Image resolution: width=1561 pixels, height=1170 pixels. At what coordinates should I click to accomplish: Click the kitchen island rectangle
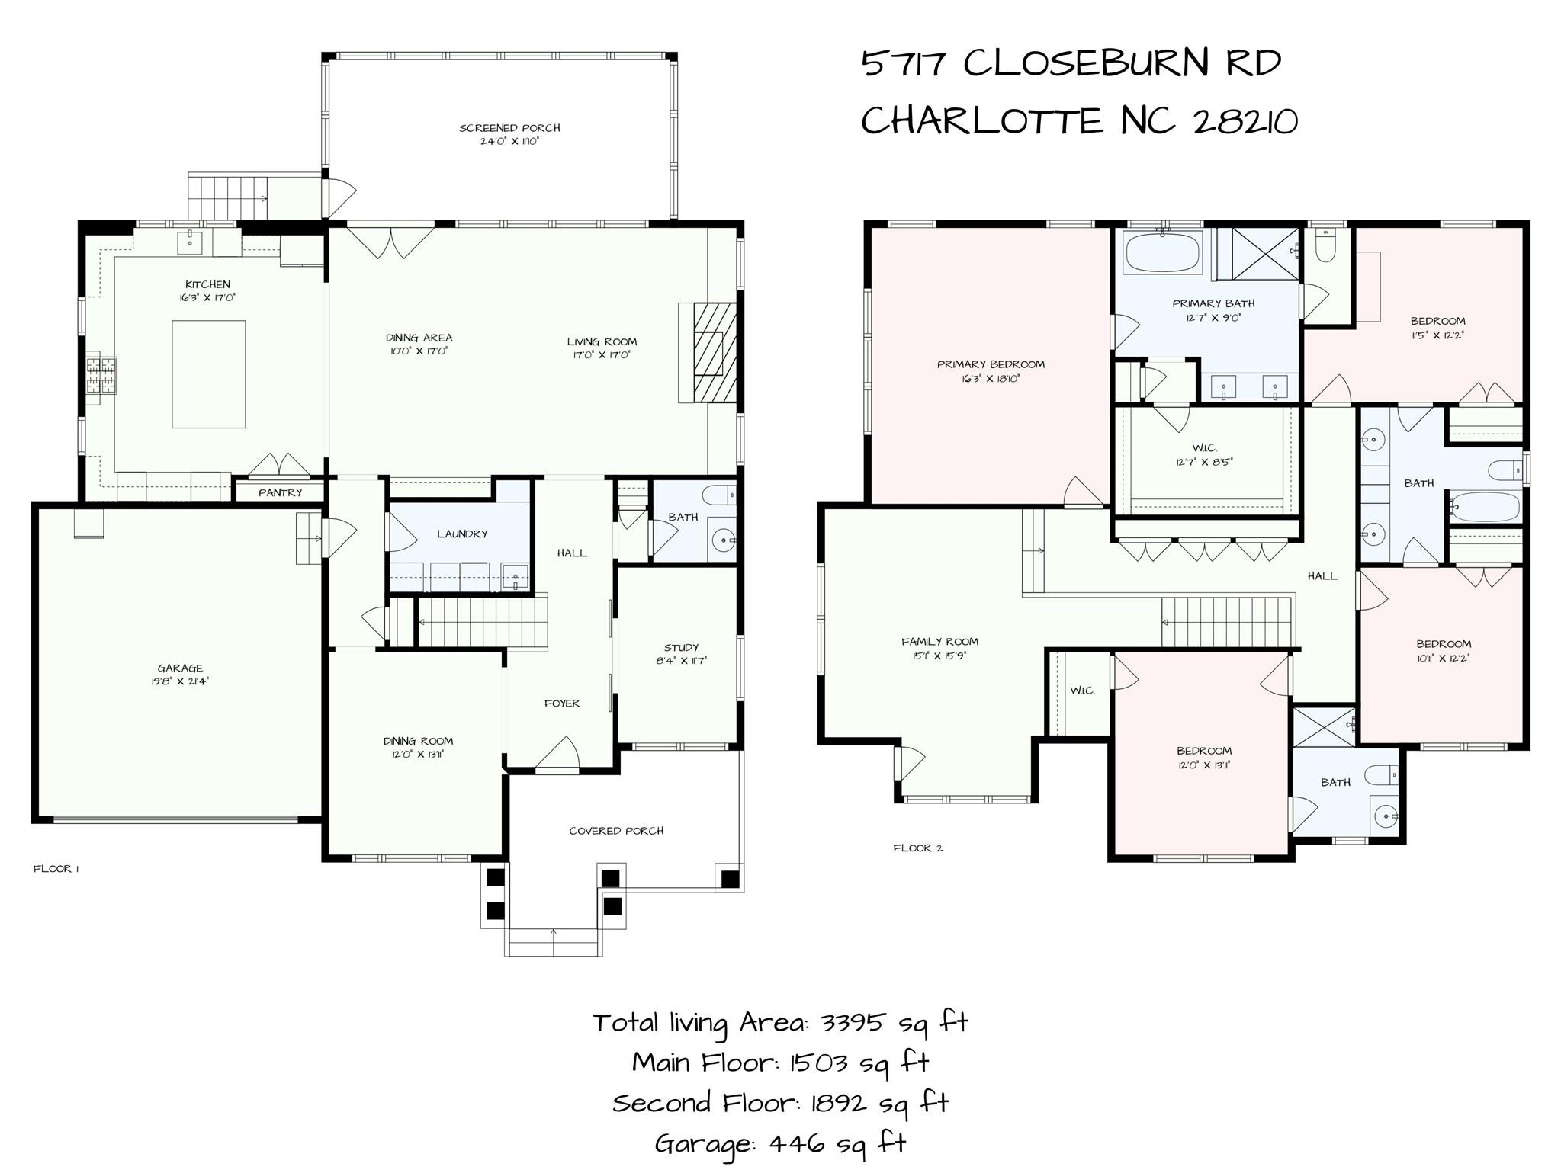[x=208, y=373]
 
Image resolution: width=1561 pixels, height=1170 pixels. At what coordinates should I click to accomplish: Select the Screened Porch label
[x=509, y=128]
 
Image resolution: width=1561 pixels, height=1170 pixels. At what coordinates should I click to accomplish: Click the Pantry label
[x=280, y=492]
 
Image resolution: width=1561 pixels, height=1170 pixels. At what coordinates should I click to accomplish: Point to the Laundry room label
[x=461, y=534]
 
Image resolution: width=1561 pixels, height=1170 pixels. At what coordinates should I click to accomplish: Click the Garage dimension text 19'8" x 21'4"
[x=180, y=681]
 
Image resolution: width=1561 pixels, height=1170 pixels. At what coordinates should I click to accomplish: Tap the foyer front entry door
[x=557, y=755]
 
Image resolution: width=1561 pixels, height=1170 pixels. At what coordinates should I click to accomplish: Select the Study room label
[x=681, y=647]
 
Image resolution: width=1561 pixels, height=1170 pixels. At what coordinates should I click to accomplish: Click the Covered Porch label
[x=616, y=830]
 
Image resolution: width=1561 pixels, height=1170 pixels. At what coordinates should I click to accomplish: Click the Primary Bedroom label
[x=991, y=364]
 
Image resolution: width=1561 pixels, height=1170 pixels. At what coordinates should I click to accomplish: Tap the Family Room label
[x=939, y=642]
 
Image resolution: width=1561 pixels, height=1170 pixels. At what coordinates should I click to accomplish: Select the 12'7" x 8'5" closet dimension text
[x=1204, y=461]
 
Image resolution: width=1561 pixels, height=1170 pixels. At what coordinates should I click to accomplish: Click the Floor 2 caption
[x=917, y=848]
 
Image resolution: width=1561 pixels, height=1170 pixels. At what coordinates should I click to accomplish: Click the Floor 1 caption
[x=56, y=868]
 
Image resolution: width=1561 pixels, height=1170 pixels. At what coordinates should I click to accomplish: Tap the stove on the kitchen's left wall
[x=102, y=374]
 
